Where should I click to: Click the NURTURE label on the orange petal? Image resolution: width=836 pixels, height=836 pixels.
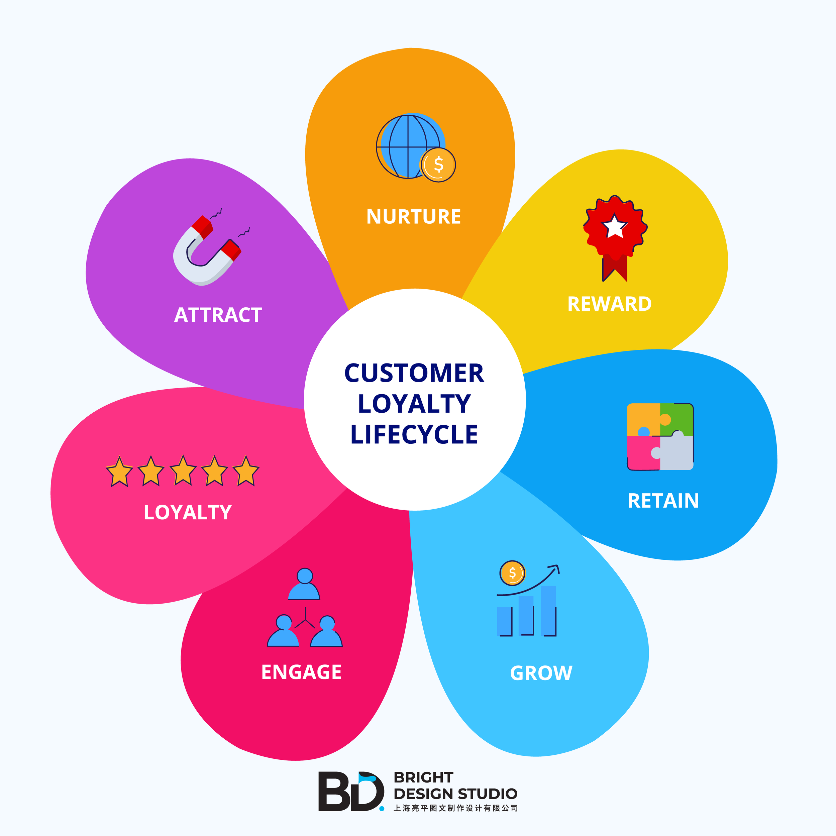(413, 216)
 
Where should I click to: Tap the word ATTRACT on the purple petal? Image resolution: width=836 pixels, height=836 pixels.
(218, 315)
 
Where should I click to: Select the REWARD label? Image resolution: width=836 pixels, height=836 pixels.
(609, 304)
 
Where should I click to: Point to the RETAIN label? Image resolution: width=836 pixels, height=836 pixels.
(663, 501)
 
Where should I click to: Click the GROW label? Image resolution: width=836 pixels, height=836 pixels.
(541, 673)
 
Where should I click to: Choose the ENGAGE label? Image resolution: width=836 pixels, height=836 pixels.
(301, 672)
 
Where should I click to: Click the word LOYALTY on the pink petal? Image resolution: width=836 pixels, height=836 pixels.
(187, 512)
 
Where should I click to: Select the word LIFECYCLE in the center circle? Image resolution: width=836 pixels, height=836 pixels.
(414, 434)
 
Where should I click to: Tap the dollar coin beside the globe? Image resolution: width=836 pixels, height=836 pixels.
(438, 165)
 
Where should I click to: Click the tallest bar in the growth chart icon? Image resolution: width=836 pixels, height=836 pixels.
(548, 610)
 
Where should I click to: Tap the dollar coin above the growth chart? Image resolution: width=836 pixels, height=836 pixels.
(512, 573)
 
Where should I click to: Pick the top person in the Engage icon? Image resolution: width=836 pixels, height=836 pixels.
(304, 584)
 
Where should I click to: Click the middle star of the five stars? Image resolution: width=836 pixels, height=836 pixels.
(183, 471)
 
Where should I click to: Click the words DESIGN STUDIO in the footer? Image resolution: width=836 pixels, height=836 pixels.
(455, 794)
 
